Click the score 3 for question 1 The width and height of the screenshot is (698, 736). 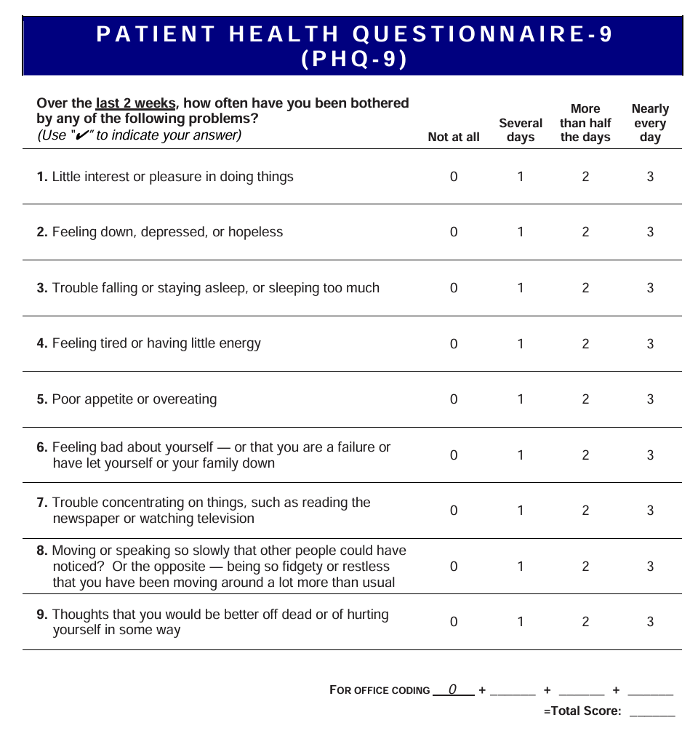650,177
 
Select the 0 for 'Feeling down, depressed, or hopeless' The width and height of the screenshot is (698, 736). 454,232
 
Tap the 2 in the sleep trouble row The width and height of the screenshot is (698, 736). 585,288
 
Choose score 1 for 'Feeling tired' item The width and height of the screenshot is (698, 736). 521,343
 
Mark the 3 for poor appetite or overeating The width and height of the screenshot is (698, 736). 650,399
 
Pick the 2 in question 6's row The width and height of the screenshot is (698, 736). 585,455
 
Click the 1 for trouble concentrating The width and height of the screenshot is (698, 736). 521,511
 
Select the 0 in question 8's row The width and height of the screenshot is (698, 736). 454,567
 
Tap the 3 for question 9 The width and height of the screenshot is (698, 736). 650,622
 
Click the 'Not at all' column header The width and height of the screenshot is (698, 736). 454,137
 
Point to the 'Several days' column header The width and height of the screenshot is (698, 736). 521,130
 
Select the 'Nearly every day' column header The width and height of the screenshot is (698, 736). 650,123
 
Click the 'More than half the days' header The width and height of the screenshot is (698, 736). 585,123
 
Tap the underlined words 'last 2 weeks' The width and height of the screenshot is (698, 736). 135,103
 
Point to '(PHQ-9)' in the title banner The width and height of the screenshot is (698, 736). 353,59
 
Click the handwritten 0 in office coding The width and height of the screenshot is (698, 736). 452,689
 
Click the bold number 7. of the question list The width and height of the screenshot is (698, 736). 42,503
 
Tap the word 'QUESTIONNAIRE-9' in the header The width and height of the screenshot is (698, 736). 484,34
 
